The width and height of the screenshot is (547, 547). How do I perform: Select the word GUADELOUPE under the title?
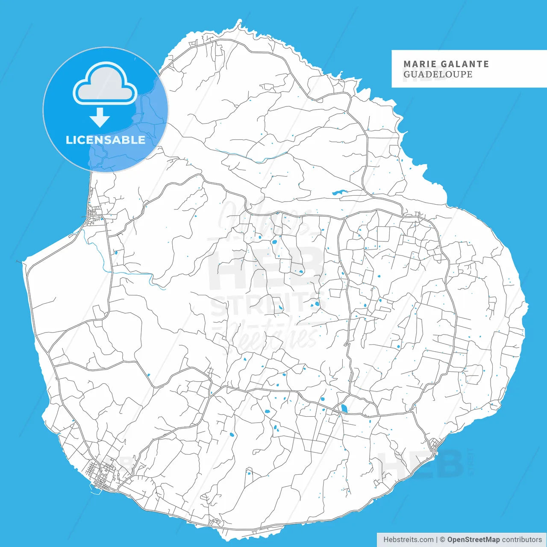click(x=438, y=74)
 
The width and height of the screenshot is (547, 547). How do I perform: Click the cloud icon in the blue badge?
click(x=105, y=84)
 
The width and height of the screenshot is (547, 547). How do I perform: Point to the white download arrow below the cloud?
click(x=100, y=117)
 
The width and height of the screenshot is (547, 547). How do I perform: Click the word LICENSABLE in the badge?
click(x=105, y=140)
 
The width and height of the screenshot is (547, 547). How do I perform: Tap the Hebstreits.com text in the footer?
click(x=408, y=540)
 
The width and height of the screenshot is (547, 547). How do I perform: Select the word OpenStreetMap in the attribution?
click(x=473, y=540)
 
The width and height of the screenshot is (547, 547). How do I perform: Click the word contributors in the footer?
click(x=522, y=540)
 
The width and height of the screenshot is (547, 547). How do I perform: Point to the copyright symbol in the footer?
click(x=442, y=540)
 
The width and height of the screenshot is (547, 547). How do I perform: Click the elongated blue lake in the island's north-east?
click(x=340, y=193)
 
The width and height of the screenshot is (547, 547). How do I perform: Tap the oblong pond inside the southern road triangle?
click(x=344, y=408)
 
